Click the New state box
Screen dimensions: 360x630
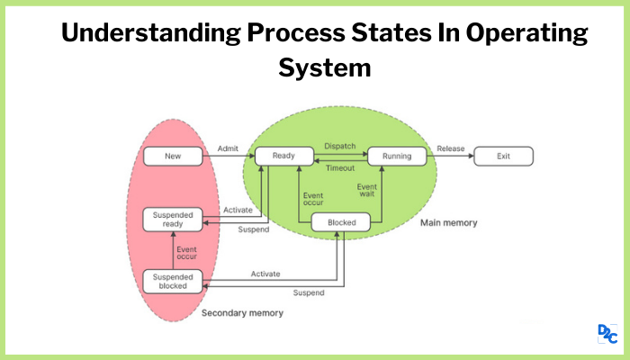(173, 157)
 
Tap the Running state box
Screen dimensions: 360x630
(396, 157)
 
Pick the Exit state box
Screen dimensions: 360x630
(503, 157)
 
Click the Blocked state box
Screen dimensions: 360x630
(341, 223)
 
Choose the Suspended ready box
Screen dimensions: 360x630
(173, 219)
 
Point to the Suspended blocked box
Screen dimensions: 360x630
(173, 281)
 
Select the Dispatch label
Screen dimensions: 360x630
(339, 145)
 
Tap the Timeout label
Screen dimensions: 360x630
(339, 167)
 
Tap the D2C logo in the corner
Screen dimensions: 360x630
(607, 334)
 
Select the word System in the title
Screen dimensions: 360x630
(324, 67)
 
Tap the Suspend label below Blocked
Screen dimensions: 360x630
(309, 293)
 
